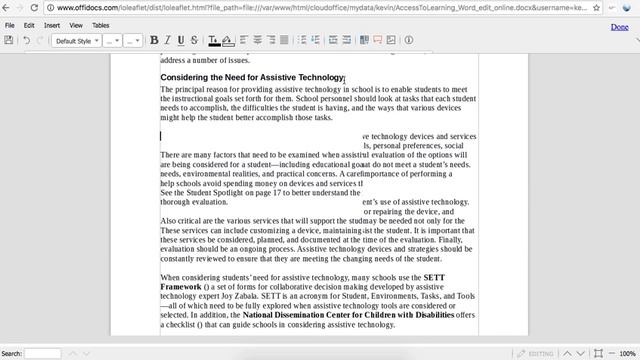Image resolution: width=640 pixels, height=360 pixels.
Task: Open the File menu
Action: click(10, 25)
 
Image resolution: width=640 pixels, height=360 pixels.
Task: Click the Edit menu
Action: click(30, 25)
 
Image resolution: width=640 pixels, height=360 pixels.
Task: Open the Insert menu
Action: click(52, 25)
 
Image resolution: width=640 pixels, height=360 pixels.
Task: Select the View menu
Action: click(76, 25)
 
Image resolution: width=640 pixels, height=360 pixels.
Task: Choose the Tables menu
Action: click(101, 25)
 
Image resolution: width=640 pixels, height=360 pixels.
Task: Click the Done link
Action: click(619, 26)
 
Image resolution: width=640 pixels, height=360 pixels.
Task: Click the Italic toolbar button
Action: click(167, 41)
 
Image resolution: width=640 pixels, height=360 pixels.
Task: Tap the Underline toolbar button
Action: click(180, 41)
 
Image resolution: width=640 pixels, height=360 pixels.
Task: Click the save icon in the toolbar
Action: click(9, 41)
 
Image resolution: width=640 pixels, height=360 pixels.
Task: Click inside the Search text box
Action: click(42, 353)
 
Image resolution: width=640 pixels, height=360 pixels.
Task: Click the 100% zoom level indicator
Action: click(627, 353)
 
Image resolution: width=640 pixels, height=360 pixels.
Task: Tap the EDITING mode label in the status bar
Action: click(540, 353)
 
